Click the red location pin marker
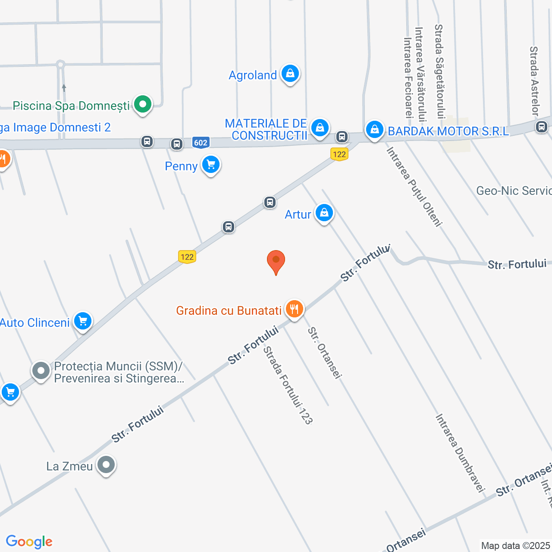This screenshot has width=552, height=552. [276, 261]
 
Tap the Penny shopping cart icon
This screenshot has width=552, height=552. [211, 165]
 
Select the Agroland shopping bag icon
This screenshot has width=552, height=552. [290, 74]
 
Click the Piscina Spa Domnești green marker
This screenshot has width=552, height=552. [142, 104]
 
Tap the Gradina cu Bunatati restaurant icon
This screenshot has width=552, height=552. [294, 309]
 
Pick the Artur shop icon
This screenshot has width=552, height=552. [324, 213]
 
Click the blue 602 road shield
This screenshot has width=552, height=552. [201, 143]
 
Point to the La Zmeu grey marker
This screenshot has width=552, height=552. [106, 465]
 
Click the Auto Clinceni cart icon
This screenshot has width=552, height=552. [83, 321]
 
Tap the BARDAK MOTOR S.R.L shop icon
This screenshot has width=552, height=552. [374, 129]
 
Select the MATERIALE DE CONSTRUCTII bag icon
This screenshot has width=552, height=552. [320, 128]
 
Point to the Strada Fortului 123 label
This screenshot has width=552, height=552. [287, 385]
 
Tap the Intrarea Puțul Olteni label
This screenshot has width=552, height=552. [414, 186]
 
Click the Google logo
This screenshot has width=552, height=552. [29, 542]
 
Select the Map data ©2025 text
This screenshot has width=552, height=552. [516, 546]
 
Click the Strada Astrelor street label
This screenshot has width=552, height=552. [534, 81]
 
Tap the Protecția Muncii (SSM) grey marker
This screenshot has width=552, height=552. [41, 370]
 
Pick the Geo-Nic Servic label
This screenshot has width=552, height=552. [514, 191]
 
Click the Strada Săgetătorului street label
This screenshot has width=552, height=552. [439, 71]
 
